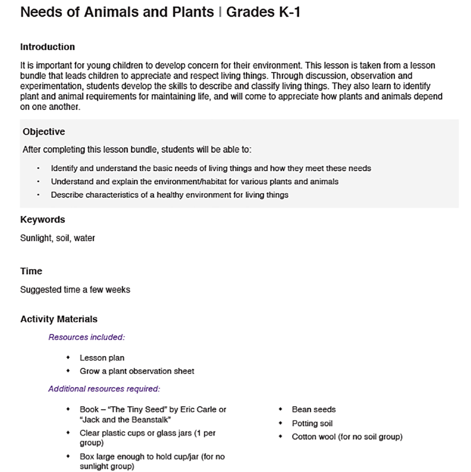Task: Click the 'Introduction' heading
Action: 47,47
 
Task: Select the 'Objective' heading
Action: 44,132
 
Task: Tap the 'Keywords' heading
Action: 42,219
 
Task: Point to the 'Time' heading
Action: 31,271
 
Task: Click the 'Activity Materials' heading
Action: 59,319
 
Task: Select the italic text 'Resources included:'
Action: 86,337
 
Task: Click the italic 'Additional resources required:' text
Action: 104,389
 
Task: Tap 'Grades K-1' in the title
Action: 263,12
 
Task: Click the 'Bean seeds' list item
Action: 314,409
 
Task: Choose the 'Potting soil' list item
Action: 312,423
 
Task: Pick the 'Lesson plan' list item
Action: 102,358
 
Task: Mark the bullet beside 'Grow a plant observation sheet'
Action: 68,371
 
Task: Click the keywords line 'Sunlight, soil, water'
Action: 58,238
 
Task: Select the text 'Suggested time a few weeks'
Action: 75,290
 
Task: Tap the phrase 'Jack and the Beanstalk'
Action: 125,420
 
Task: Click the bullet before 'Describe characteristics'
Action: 38,194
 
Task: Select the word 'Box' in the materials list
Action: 87,456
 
